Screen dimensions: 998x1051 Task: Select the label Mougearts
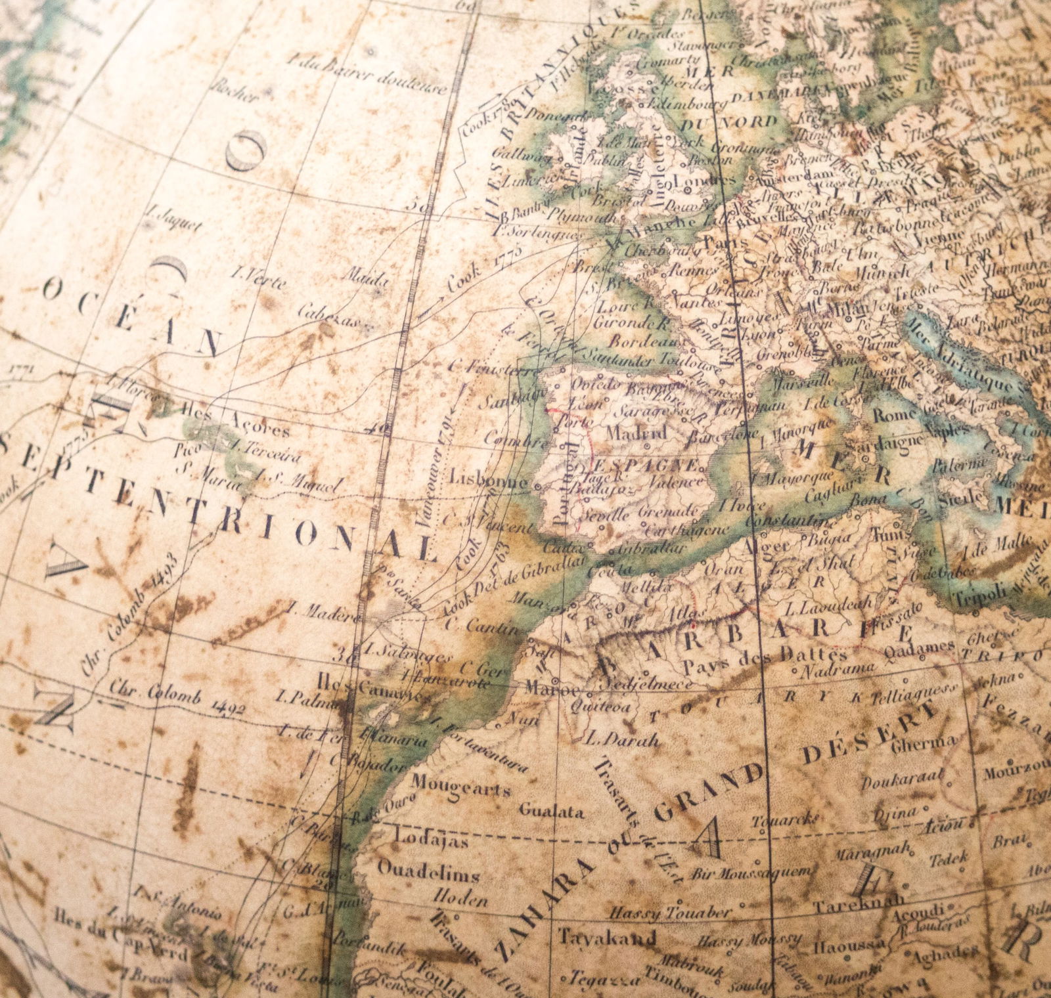click(x=460, y=785)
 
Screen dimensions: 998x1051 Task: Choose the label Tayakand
click(x=606, y=936)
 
